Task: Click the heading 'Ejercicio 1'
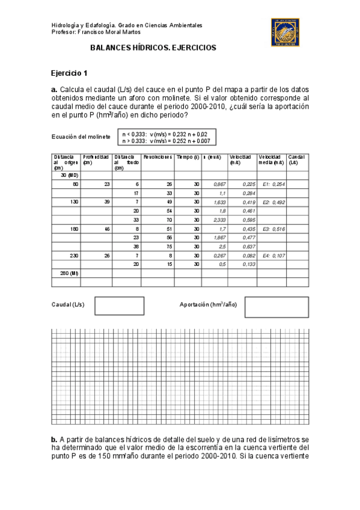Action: [x=69, y=73]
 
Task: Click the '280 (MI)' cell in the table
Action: [x=70, y=273]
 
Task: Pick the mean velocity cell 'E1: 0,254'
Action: [x=273, y=184]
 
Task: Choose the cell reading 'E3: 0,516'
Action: [x=273, y=229]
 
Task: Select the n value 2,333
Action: [x=214, y=220]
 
